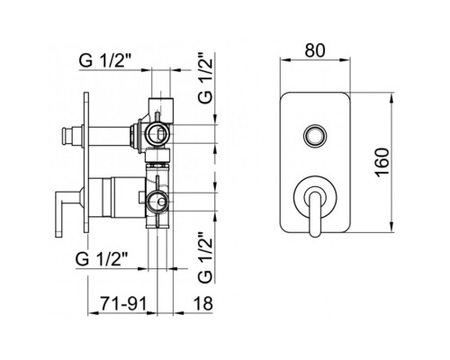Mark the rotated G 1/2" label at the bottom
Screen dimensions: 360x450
[x=206, y=255]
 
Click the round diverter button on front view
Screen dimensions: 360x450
[x=314, y=135]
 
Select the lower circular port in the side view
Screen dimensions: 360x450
[x=158, y=200]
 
